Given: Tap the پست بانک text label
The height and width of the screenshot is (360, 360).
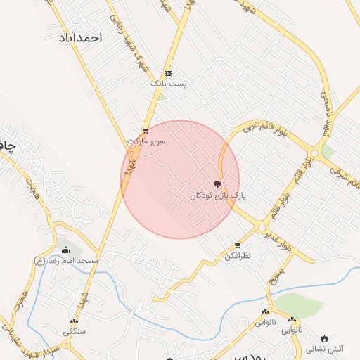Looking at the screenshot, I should click(168, 84).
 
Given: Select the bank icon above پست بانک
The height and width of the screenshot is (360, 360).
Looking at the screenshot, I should click(168, 73).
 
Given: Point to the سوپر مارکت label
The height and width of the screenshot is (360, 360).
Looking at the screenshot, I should click(146, 141).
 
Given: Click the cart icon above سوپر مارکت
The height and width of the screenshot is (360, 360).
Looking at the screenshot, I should click(146, 130).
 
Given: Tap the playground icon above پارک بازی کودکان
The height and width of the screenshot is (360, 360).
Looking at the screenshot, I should click(216, 184).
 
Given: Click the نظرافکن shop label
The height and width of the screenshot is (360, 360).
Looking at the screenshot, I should click(238, 256).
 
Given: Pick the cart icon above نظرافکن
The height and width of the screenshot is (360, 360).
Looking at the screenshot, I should click(238, 245).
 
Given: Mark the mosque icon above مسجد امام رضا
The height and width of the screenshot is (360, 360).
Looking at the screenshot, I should click(66, 250).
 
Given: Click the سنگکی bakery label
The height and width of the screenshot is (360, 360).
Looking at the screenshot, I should click(74, 331).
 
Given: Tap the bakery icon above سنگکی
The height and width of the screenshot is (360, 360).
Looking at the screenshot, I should click(74, 321).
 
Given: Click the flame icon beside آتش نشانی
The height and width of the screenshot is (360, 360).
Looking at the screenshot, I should click(324, 336).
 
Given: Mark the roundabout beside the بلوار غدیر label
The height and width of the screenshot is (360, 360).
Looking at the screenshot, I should click(262, 228).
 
